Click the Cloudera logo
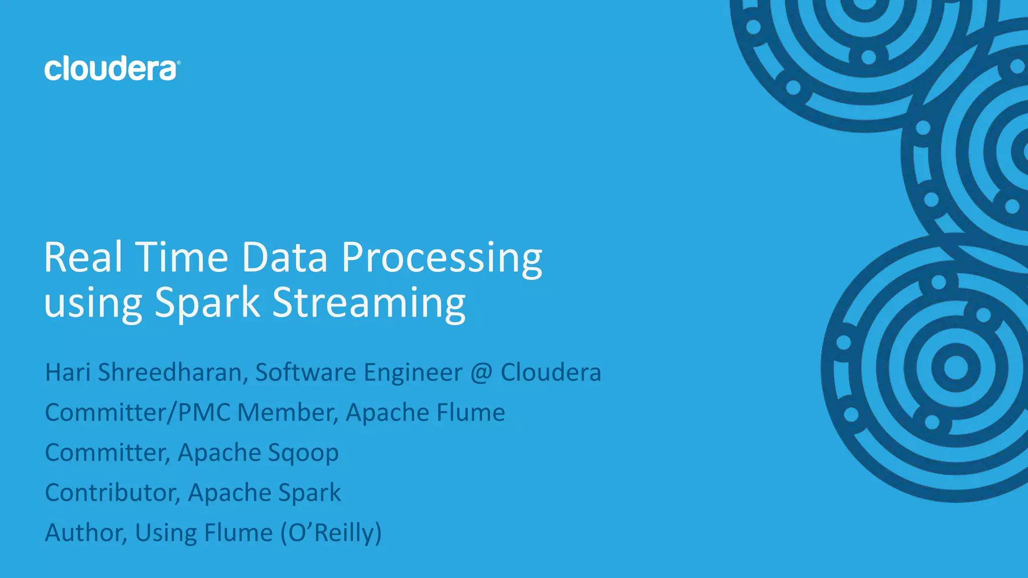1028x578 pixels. pyautogui.click(x=111, y=69)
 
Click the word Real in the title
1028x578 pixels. pyautogui.click(x=83, y=257)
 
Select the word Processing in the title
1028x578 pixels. pyautogui.click(x=442, y=259)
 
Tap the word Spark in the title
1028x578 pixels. pyautogui.click(x=207, y=303)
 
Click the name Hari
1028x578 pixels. pyautogui.click(x=68, y=372)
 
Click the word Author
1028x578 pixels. pyautogui.click(x=85, y=533)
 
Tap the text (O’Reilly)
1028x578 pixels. pyautogui.click(x=331, y=533)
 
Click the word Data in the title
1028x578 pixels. pyautogui.click(x=285, y=257)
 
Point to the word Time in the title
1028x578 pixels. pyautogui.click(x=182, y=257)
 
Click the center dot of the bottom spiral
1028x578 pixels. pyautogui.click(x=956, y=368)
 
